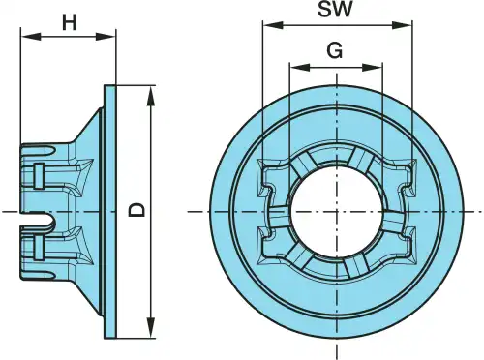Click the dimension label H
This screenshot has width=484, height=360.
pos(70,23)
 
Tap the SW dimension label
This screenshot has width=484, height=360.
pos(335,9)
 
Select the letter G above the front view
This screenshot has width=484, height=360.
pos(335,50)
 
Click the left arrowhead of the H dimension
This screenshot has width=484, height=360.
pos(31,36)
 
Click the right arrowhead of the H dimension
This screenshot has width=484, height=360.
pos(106,36)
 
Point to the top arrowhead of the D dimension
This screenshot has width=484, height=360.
pos(150,96)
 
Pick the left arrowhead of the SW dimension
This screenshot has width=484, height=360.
pos(273,25)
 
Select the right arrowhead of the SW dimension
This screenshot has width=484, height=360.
pos(402,25)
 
